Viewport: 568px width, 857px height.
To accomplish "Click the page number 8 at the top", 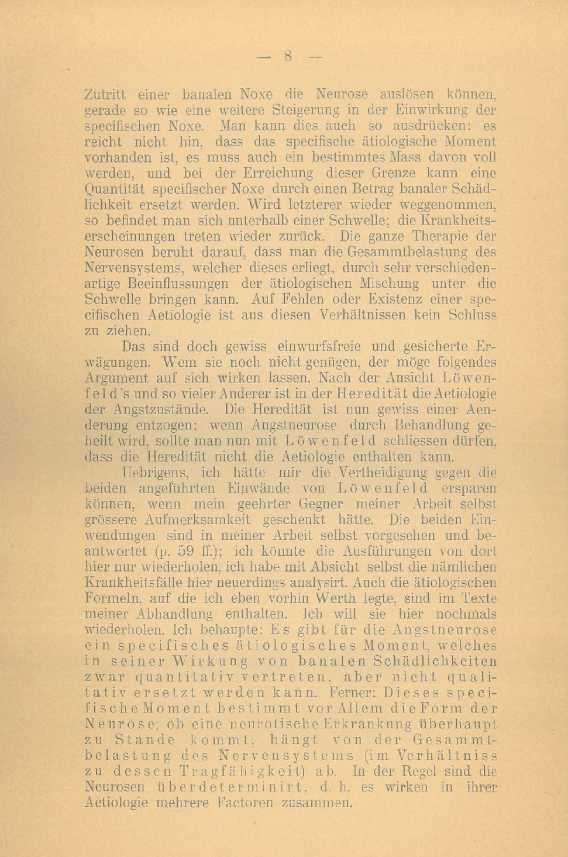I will pos(288,56).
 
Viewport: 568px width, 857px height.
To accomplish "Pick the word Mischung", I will pos(389,284).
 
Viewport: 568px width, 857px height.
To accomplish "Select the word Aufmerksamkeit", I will pos(191,519).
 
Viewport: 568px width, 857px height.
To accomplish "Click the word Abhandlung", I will pos(166,614).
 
